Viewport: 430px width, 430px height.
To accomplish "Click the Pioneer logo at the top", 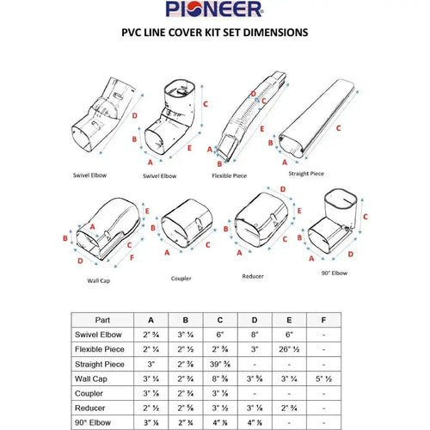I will (215, 11).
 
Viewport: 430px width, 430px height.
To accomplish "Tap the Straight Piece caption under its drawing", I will (306, 174).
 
